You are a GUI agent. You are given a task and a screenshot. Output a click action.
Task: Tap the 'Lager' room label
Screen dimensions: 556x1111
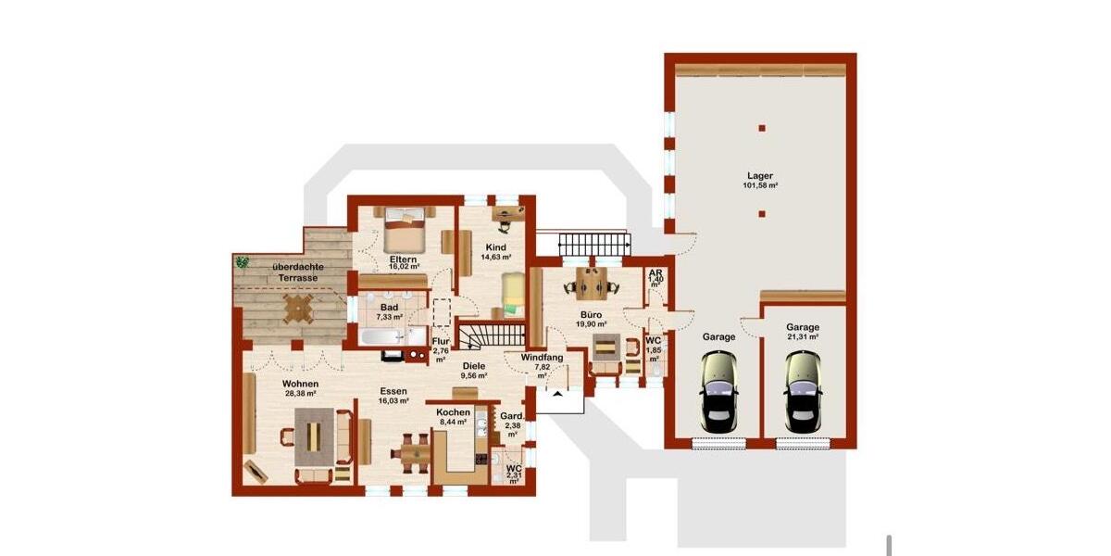click(x=760, y=175)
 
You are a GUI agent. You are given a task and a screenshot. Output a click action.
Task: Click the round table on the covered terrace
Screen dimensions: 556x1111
click(x=298, y=308)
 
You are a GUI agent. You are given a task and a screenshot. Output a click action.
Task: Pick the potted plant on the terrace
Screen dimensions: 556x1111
click(x=243, y=262)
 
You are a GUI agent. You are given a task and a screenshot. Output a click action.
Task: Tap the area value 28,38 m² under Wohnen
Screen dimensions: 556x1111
click(x=300, y=394)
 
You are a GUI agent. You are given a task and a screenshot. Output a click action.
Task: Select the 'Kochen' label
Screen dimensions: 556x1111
click(x=454, y=412)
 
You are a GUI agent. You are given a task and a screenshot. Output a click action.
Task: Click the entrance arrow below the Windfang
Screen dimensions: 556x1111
click(x=559, y=396)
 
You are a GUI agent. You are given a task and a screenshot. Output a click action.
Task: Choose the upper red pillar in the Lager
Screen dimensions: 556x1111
click(x=761, y=128)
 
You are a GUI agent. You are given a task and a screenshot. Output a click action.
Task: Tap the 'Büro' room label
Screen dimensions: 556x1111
click(x=591, y=314)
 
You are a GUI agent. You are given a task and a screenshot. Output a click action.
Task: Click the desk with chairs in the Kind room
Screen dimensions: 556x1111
click(x=505, y=219)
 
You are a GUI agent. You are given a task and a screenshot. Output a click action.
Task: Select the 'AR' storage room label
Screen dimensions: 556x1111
click(x=655, y=272)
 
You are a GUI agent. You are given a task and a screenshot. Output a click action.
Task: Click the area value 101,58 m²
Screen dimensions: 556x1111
click(x=760, y=185)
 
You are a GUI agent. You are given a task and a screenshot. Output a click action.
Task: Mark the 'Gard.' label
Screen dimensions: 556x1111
click(x=512, y=415)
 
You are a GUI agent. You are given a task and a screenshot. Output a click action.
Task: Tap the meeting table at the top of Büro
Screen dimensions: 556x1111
click(x=590, y=280)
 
